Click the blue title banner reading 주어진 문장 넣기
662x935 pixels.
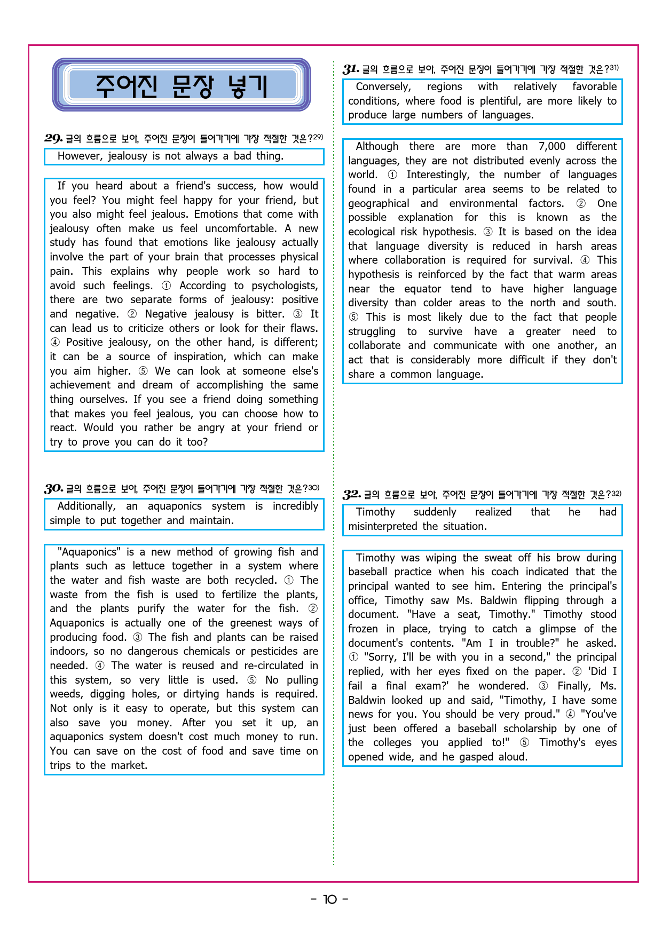(182, 85)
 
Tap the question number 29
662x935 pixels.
(53, 139)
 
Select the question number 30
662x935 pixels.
(54, 489)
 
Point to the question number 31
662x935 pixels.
(351, 69)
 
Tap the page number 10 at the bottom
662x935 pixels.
(330, 900)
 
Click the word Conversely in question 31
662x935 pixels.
(383, 86)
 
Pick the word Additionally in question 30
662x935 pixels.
(86, 506)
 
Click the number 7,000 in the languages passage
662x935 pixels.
(551, 146)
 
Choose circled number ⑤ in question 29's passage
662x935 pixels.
(143, 371)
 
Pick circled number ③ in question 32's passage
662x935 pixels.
(543, 686)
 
